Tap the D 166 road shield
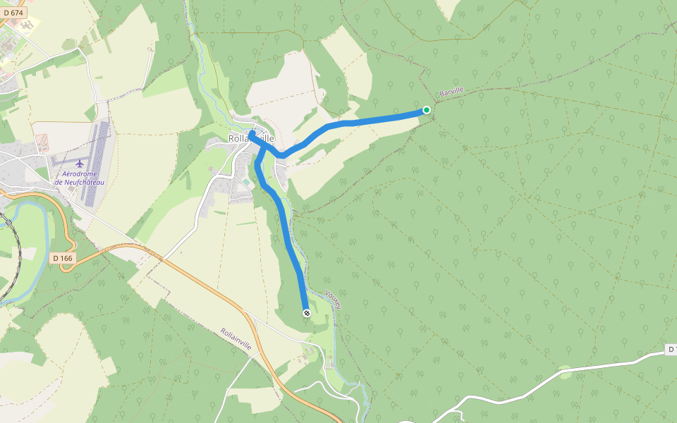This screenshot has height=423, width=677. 63,258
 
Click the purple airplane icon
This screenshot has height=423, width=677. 79,164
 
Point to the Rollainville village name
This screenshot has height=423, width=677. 251,139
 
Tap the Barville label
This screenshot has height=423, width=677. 451,92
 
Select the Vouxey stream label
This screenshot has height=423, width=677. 334,300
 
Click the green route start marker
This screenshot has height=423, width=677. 427,109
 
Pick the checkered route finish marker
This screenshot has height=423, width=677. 306,312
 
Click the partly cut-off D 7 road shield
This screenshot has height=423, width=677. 671,350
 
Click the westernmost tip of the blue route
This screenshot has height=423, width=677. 250,133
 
